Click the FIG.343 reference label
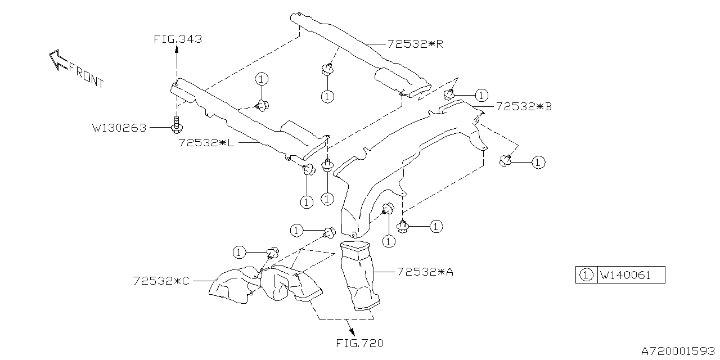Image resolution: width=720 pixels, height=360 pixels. click(177, 39)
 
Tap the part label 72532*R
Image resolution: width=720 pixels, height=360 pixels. click(415, 43)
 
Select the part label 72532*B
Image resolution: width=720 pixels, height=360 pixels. click(523, 106)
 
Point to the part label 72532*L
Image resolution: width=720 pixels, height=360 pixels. click(206, 143)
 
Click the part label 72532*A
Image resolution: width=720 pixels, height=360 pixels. click(425, 272)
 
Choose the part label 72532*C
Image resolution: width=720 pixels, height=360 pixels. click(161, 280)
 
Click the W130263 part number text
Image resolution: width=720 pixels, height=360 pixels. click(119, 128)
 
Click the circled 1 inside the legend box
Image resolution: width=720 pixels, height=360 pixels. click(586, 276)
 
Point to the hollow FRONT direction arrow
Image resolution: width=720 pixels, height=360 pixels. click(57, 59)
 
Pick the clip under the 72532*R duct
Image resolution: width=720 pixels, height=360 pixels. click(326, 70)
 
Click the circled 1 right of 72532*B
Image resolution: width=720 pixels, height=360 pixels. click(481, 95)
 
